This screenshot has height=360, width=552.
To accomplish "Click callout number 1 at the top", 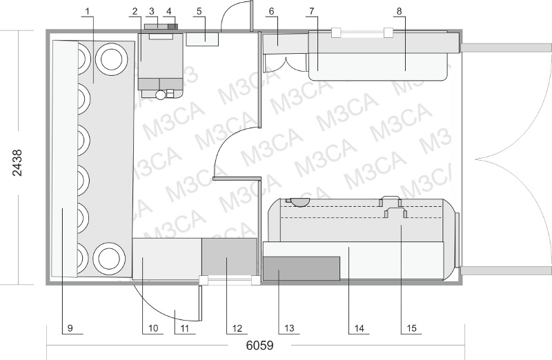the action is point(88,11).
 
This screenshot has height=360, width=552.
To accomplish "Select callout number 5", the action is point(199,11).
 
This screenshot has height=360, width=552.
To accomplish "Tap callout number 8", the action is point(399,11).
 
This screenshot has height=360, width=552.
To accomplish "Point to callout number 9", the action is point(70,328).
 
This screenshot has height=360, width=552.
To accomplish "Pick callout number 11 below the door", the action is point(184,328).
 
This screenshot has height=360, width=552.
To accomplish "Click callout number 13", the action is point(289,328).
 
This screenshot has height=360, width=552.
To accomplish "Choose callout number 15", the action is point(411,328).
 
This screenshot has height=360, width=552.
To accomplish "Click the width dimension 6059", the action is point(259,346).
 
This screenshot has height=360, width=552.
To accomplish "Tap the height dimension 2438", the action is point(17,163).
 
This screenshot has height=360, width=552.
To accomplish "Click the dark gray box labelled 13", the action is point(302,268).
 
